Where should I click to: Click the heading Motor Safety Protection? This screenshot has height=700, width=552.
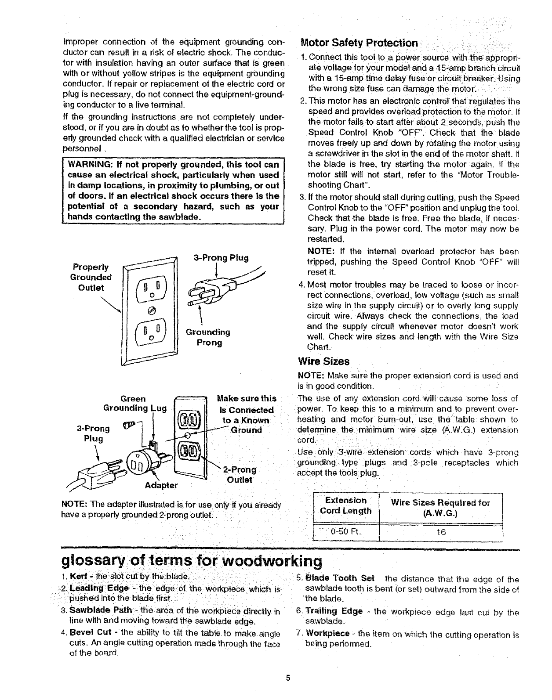(359, 43)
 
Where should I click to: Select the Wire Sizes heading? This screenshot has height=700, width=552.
(323, 361)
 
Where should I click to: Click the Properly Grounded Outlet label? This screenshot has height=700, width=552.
(91, 277)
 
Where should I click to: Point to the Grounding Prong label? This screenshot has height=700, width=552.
(208, 337)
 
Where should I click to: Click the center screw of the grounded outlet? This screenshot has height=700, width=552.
(151, 310)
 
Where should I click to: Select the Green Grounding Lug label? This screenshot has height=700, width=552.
(134, 404)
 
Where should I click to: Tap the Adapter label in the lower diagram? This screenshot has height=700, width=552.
(161, 485)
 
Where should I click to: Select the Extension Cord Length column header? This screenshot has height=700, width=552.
(345, 505)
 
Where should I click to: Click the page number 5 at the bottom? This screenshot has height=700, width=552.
(288, 677)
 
